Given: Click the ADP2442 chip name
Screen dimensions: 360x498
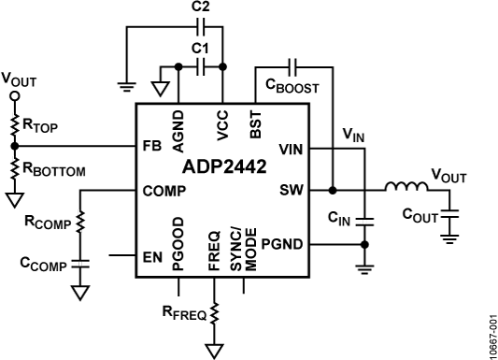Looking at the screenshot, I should click(223, 169).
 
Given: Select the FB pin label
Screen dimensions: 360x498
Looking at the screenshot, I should click(150, 148).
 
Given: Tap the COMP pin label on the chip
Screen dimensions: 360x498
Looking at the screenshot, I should click(163, 191).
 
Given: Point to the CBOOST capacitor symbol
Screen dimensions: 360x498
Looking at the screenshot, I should click(293, 66).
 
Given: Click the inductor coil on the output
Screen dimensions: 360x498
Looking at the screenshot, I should click(405, 191).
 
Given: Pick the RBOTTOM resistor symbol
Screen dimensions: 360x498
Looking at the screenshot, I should click(15, 169).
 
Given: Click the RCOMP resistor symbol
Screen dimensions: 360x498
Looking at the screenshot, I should click(80, 223).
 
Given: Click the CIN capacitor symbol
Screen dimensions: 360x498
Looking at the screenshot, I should click(365, 221).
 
